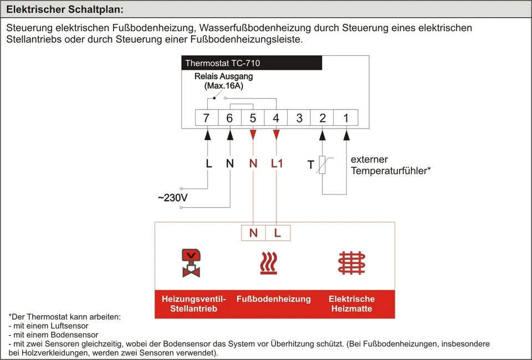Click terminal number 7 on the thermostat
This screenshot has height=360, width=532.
pos(207,117)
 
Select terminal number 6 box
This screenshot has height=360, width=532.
pos(230,117)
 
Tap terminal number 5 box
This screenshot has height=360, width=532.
pos(253,117)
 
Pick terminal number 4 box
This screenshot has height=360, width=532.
pos(276,117)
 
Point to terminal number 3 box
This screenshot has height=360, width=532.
pos(299,117)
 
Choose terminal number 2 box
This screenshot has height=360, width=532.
pos(323,117)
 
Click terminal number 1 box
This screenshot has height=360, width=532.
pos(346,117)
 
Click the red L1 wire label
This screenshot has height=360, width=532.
pos(277,164)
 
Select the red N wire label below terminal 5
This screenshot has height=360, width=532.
pos(253,164)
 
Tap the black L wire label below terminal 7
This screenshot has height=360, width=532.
pos(208,164)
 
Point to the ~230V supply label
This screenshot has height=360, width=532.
pos(172,198)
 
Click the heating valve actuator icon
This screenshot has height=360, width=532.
pos(191,263)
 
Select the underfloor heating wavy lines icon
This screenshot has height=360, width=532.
pos(269,263)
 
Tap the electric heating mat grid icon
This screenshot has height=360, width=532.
pos(352,263)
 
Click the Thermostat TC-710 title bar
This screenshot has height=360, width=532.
pos(252,63)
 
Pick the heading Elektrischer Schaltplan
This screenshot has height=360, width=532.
pos(65,9)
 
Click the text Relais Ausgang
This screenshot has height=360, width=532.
pos(223,77)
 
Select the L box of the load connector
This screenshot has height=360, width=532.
pos(278,233)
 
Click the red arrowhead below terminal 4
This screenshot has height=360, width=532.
pos(276,135)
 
